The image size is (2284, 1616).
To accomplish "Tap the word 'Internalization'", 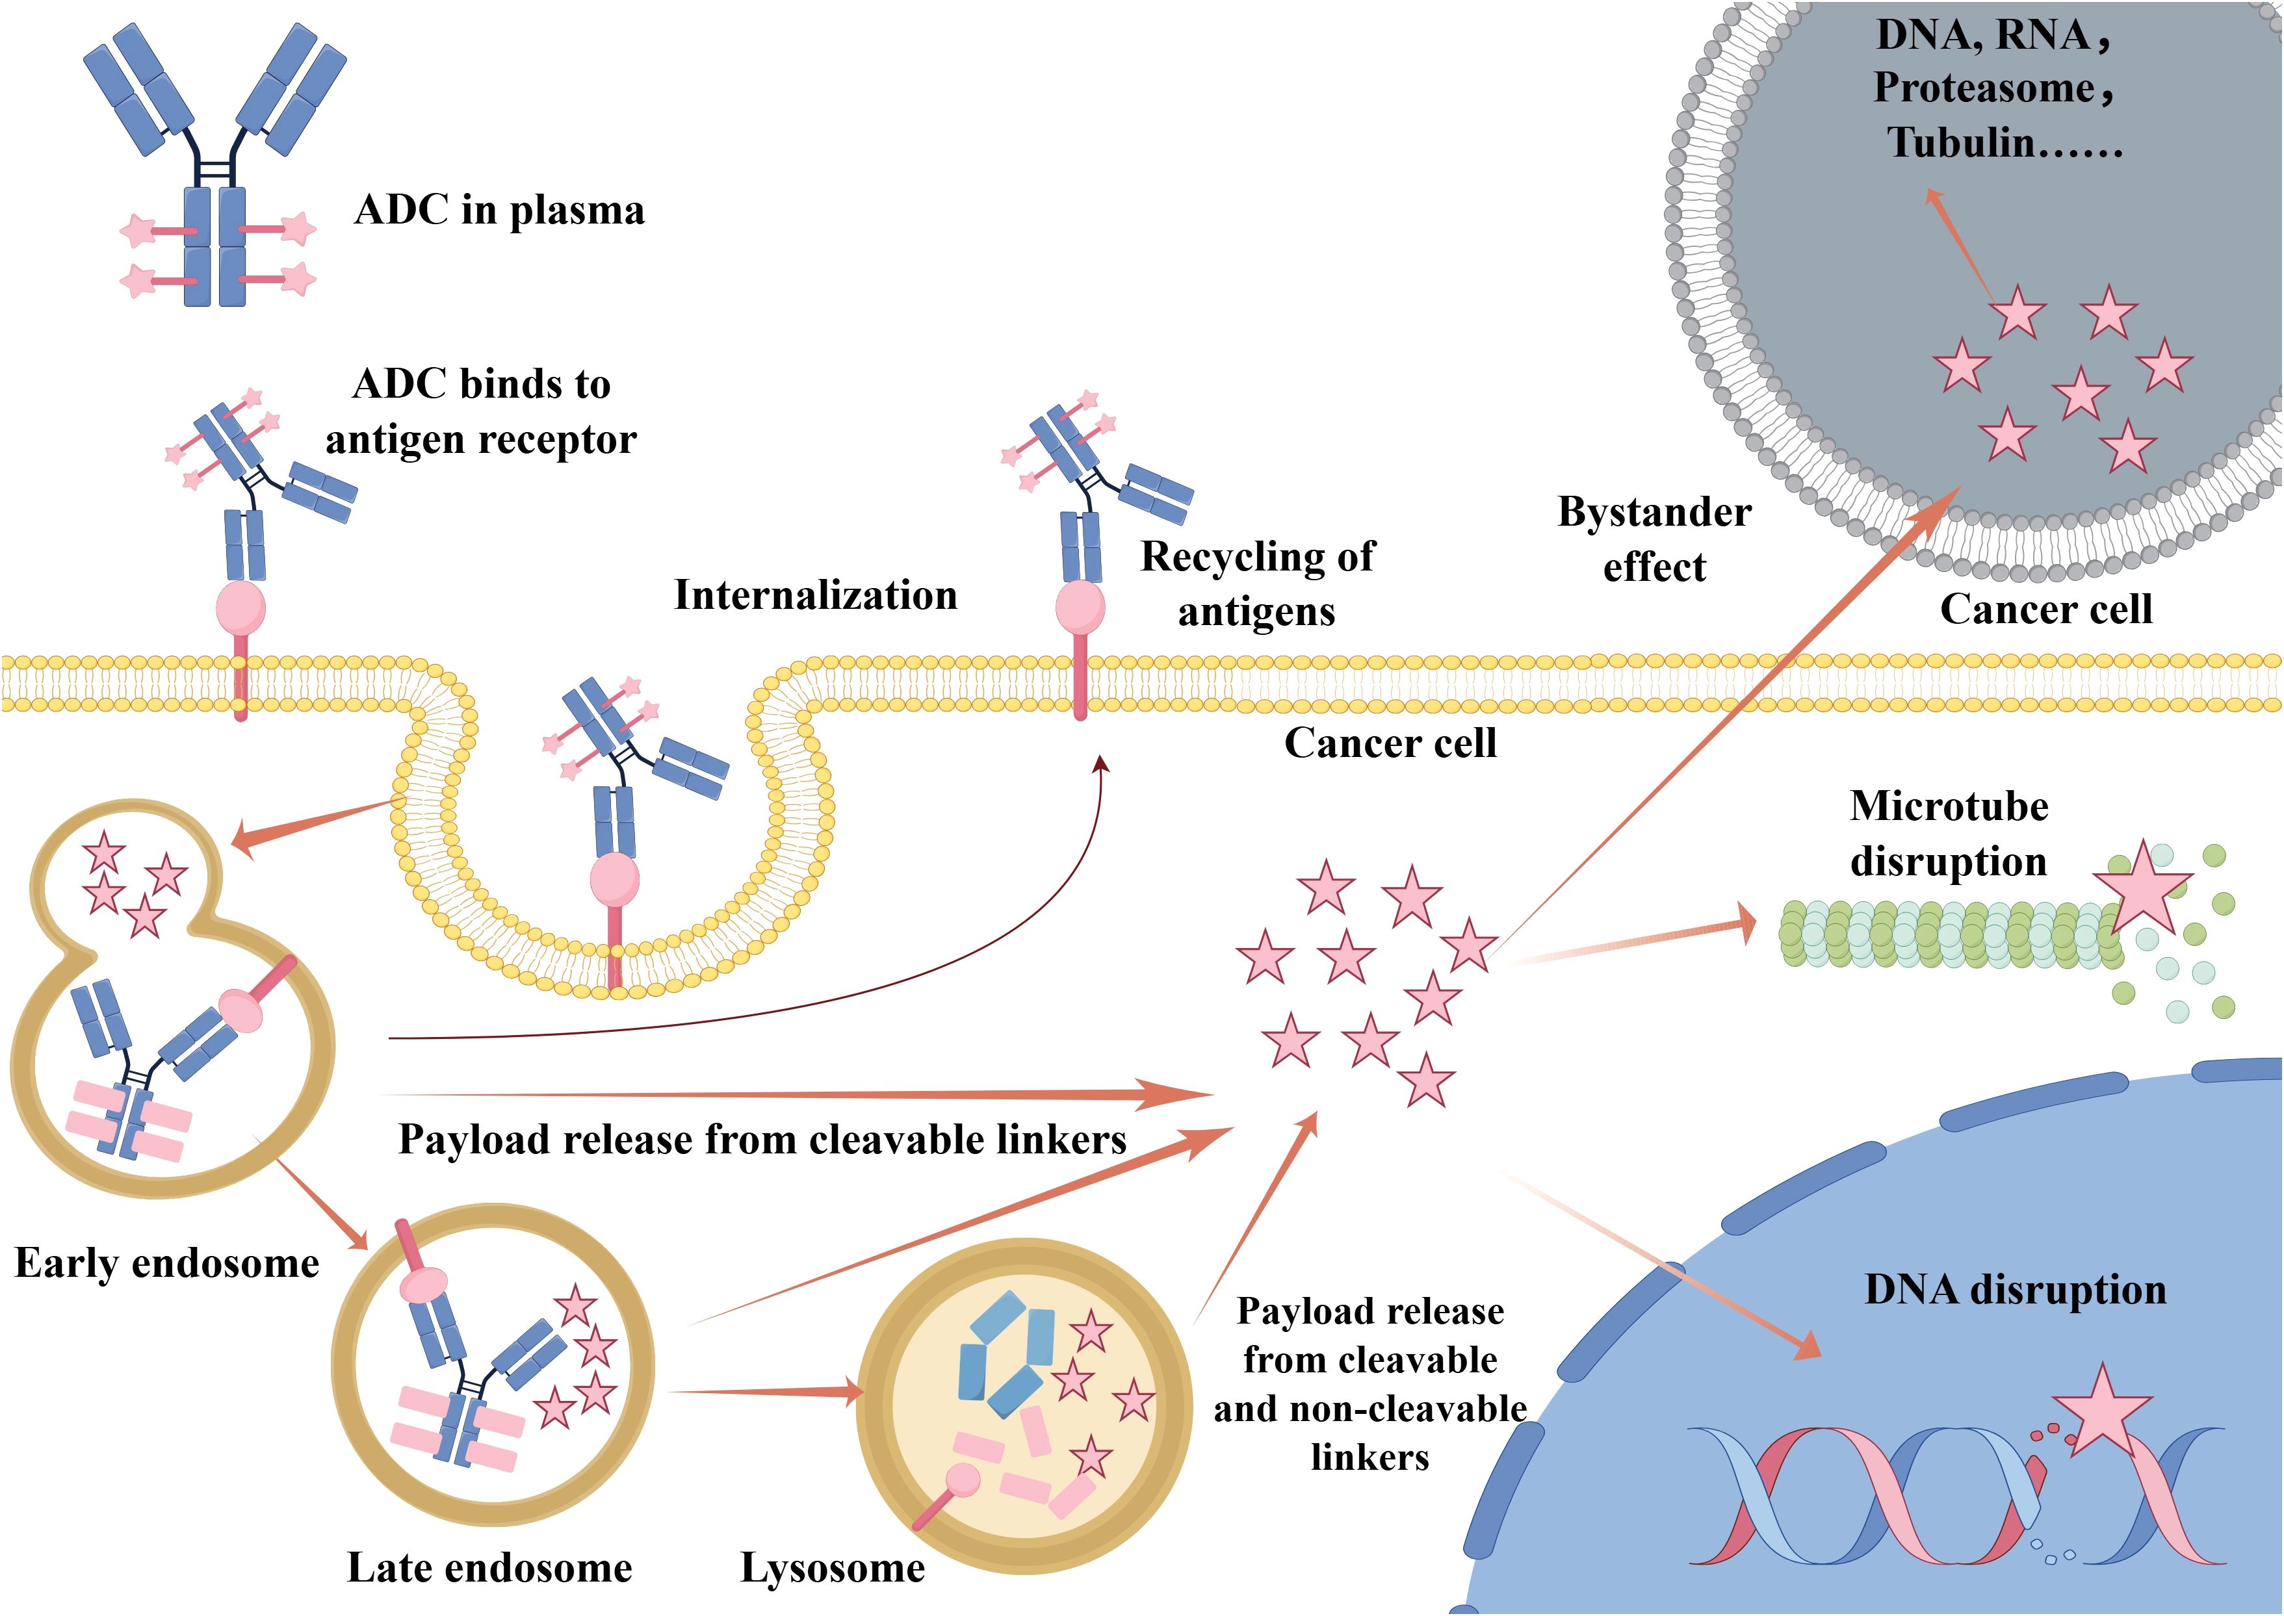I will [x=815, y=596].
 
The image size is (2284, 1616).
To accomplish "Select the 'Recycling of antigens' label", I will [x=1257, y=584].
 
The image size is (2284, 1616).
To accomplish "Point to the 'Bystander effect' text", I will [x=1654, y=539].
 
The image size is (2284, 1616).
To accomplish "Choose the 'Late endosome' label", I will [x=489, y=1568].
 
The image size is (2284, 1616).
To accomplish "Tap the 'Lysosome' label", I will [x=832, y=1568].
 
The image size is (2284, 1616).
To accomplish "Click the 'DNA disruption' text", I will [x=2016, y=1290].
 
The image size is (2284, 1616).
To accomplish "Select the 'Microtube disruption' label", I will [x=1947, y=834].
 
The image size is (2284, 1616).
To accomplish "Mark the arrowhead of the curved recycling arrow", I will [x=1100, y=763].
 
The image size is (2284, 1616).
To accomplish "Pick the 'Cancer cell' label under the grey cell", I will [x=2045, y=609].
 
